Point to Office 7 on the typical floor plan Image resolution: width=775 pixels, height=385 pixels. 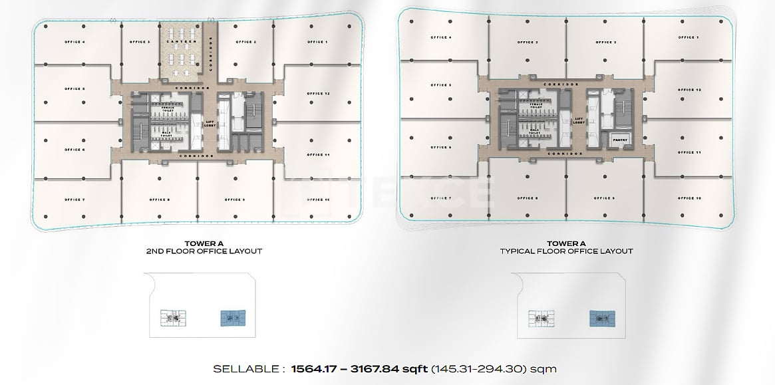pyautogui.click(x=440, y=198)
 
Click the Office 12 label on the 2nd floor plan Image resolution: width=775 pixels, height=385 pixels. pyautogui.click(x=318, y=94)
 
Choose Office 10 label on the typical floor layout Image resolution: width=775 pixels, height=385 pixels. pyautogui.click(x=689, y=198)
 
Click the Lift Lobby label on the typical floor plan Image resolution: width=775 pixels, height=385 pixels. pyautogui.click(x=579, y=121)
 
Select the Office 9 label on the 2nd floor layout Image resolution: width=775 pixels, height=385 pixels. pyautogui.click(x=234, y=199)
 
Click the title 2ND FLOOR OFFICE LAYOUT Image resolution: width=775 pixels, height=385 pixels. pyautogui.click(x=203, y=251)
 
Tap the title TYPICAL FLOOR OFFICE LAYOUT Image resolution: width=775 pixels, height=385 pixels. pyautogui.click(x=565, y=251)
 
